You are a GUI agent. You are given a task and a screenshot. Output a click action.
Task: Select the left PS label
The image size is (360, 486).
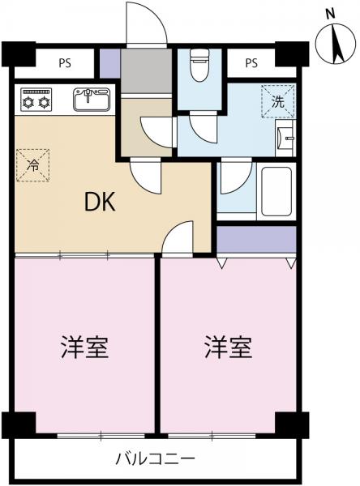[62, 62]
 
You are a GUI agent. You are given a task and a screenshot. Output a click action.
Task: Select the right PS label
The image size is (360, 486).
[251, 62]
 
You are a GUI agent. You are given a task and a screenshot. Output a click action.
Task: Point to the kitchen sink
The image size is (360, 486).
[91, 100]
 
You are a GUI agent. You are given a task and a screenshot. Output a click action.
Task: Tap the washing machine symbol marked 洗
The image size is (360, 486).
[277, 102]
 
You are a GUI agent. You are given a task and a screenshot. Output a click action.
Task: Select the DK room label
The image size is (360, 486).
[101, 202]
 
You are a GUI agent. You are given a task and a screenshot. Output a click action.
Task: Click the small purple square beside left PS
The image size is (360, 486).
[109, 62]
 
